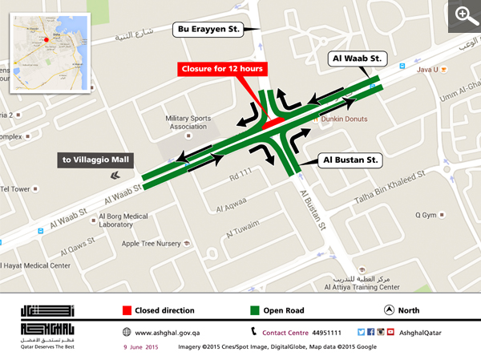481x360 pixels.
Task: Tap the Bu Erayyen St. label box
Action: (x=208, y=30)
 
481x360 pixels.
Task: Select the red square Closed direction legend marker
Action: (x=126, y=309)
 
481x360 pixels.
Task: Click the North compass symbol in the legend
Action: (x=389, y=309)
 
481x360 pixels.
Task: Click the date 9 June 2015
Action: (x=141, y=347)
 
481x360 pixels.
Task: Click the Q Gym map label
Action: (x=425, y=215)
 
